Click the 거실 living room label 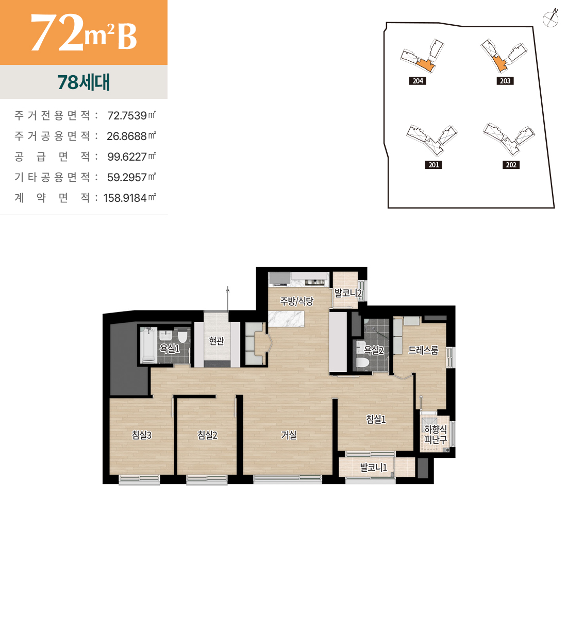click(289, 435)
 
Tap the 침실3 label click(142, 435)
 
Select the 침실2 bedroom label click(207, 435)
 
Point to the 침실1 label click(376, 419)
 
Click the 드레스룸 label click(423, 350)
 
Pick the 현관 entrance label click(216, 341)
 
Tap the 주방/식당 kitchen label click(296, 301)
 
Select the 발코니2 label click(348, 293)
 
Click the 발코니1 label click(374, 468)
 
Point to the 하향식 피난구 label click(436, 434)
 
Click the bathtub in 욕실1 click(148, 345)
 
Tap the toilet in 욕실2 click(362, 362)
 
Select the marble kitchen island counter click(287, 319)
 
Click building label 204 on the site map click(418, 81)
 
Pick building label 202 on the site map click(511, 165)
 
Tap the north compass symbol click(551, 19)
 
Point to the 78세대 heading click(84, 82)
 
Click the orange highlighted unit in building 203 click(499, 64)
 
